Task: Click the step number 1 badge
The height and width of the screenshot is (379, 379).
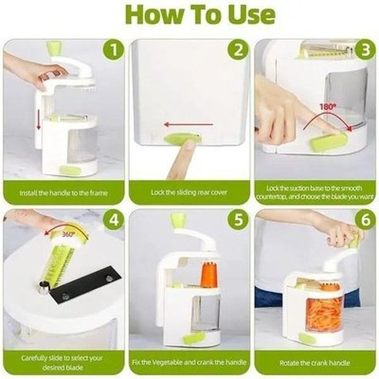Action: (113, 52)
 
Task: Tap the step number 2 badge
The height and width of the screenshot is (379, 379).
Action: (239, 52)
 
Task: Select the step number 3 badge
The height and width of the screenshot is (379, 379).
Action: (364, 52)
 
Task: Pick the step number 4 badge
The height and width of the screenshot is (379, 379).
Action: (113, 220)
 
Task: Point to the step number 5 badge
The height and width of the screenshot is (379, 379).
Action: (239, 220)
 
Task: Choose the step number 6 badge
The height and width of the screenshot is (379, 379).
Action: (364, 220)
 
